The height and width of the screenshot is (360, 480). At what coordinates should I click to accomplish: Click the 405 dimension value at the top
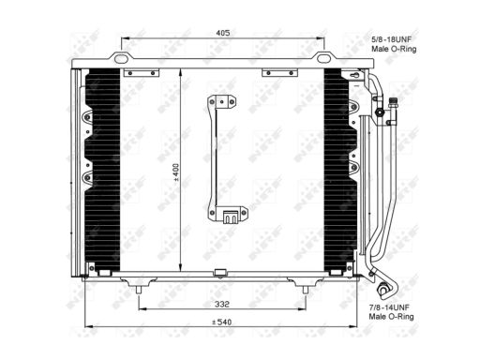[x=223, y=33]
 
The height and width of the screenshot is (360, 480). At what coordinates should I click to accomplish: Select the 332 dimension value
[x=222, y=304]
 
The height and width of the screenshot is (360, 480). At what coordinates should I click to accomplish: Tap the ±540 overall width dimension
[x=221, y=322]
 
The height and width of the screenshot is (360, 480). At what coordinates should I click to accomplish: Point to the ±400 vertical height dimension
[x=176, y=172]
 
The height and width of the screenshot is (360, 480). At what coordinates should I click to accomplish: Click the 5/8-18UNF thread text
[x=391, y=39]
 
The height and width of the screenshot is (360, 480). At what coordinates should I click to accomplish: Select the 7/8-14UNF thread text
[x=389, y=307]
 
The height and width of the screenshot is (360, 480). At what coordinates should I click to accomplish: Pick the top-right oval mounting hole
[x=323, y=58]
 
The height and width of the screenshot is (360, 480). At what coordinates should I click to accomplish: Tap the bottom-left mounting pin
[x=139, y=290]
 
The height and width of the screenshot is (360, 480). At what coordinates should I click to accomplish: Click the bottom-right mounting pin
[x=306, y=290]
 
